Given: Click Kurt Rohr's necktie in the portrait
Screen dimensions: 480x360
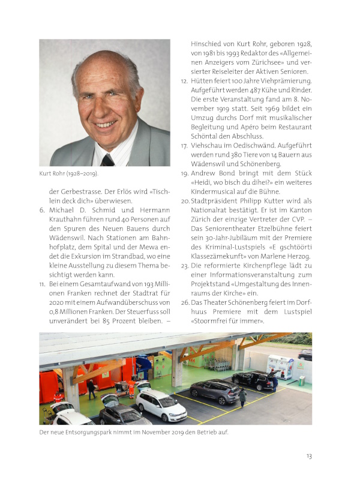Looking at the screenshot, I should point(108,160).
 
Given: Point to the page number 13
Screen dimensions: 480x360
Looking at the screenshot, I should point(308,457).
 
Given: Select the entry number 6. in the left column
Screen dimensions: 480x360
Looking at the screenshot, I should point(43,211).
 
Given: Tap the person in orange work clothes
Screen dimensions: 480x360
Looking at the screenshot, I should point(131,388).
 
